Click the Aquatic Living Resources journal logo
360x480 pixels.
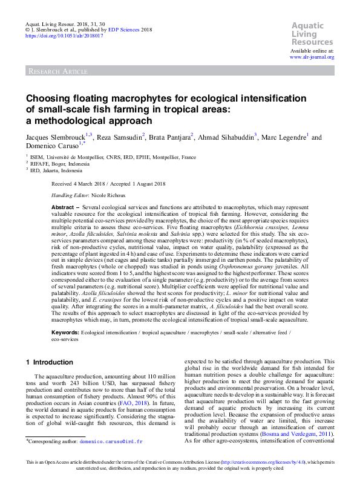(312, 34)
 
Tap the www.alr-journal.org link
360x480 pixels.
(312, 56)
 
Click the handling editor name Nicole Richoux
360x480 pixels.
(109, 195)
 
